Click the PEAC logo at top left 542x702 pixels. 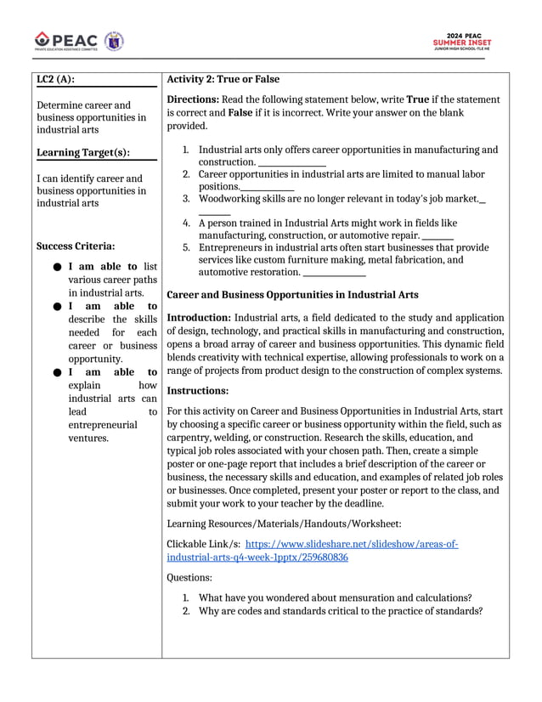[66, 40]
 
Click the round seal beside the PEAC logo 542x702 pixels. [114, 40]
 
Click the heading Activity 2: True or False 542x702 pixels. [223, 79]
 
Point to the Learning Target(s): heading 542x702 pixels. [83, 153]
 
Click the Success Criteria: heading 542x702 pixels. [76, 246]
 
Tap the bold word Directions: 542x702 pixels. [195, 99]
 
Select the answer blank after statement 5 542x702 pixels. [334, 274]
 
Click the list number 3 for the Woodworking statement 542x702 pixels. [186, 199]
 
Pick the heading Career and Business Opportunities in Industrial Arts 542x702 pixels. [292, 295]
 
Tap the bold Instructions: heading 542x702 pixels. [198, 391]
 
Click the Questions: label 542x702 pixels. [189, 578]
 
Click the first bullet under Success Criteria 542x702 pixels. [55, 267]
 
